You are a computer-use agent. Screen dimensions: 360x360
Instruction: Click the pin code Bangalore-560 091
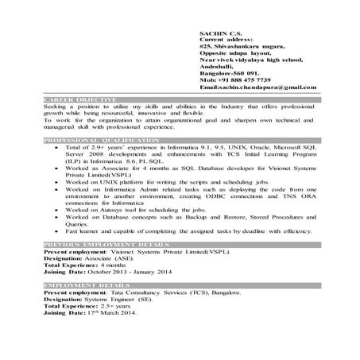(x=230, y=72)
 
